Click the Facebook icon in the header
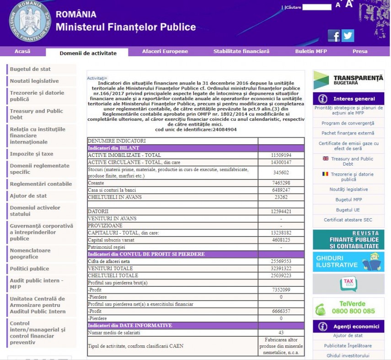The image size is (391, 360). [x=334, y=36]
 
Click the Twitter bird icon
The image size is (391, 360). [x=348, y=36]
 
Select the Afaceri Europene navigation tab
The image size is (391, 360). [x=165, y=51]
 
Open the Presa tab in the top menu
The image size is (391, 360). [x=360, y=51]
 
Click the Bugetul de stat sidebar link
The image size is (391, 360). [x=31, y=69]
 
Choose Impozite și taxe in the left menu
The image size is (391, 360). [x=32, y=154]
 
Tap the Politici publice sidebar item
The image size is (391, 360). [x=29, y=269]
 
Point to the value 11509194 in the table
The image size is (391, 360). [x=281, y=156]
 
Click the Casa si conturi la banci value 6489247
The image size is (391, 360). [x=281, y=190]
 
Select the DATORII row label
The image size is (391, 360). [x=98, y=211]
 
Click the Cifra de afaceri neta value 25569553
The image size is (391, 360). [x=281, y=261]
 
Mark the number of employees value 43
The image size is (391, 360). [x=281, y=333]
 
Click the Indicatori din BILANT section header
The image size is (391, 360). [x=114, y=148]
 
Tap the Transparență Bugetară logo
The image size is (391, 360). [x=348, y=80]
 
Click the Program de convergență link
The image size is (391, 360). [x=348, y=123]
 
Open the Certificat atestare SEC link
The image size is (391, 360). [x=348, y=220]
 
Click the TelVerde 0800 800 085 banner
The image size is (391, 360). [x=348, y=307]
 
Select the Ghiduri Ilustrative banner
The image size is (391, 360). [x=348, y=262]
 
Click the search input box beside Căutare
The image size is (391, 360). [x=316, y=7]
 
